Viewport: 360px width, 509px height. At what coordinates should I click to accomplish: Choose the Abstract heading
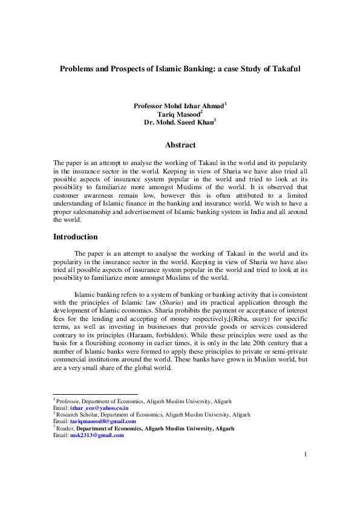pyautogui.click(x=180, y=145)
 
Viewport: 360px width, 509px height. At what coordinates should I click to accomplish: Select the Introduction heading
pyautogui.click(x=76, y=237)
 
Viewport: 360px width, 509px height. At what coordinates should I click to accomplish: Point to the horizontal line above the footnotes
pyautogui.click(x=95, y=395)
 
